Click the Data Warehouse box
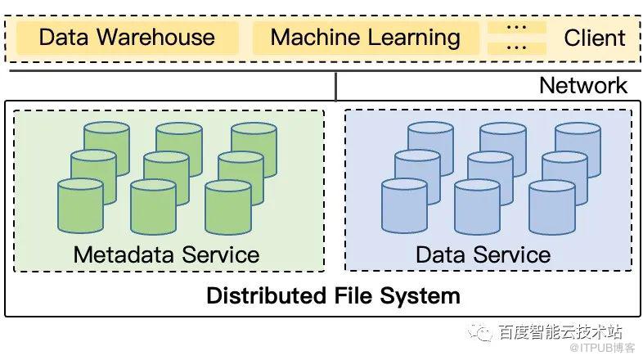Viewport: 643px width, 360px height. click(x=127, y=38)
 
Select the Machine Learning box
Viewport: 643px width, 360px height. click(x=365, y=38)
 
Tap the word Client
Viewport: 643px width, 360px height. click(x=595, y=38)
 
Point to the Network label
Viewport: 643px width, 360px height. click(x=583, y=85)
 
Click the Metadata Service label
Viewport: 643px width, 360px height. click(x=166, y=254)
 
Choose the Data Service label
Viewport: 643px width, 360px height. click(x=483, y=254)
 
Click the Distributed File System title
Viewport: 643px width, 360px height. click(x=333, y=295)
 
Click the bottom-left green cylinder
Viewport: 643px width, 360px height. click(x=80, y=207)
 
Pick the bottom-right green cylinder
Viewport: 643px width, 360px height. click(x=227, y=207)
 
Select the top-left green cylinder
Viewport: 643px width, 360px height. click(x=106, y=143)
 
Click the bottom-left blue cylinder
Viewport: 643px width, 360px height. click(x=404, y=207)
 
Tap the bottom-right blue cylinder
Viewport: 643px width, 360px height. click(x=551, y=207)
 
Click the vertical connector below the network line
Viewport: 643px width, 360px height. click(x=336, y=86)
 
